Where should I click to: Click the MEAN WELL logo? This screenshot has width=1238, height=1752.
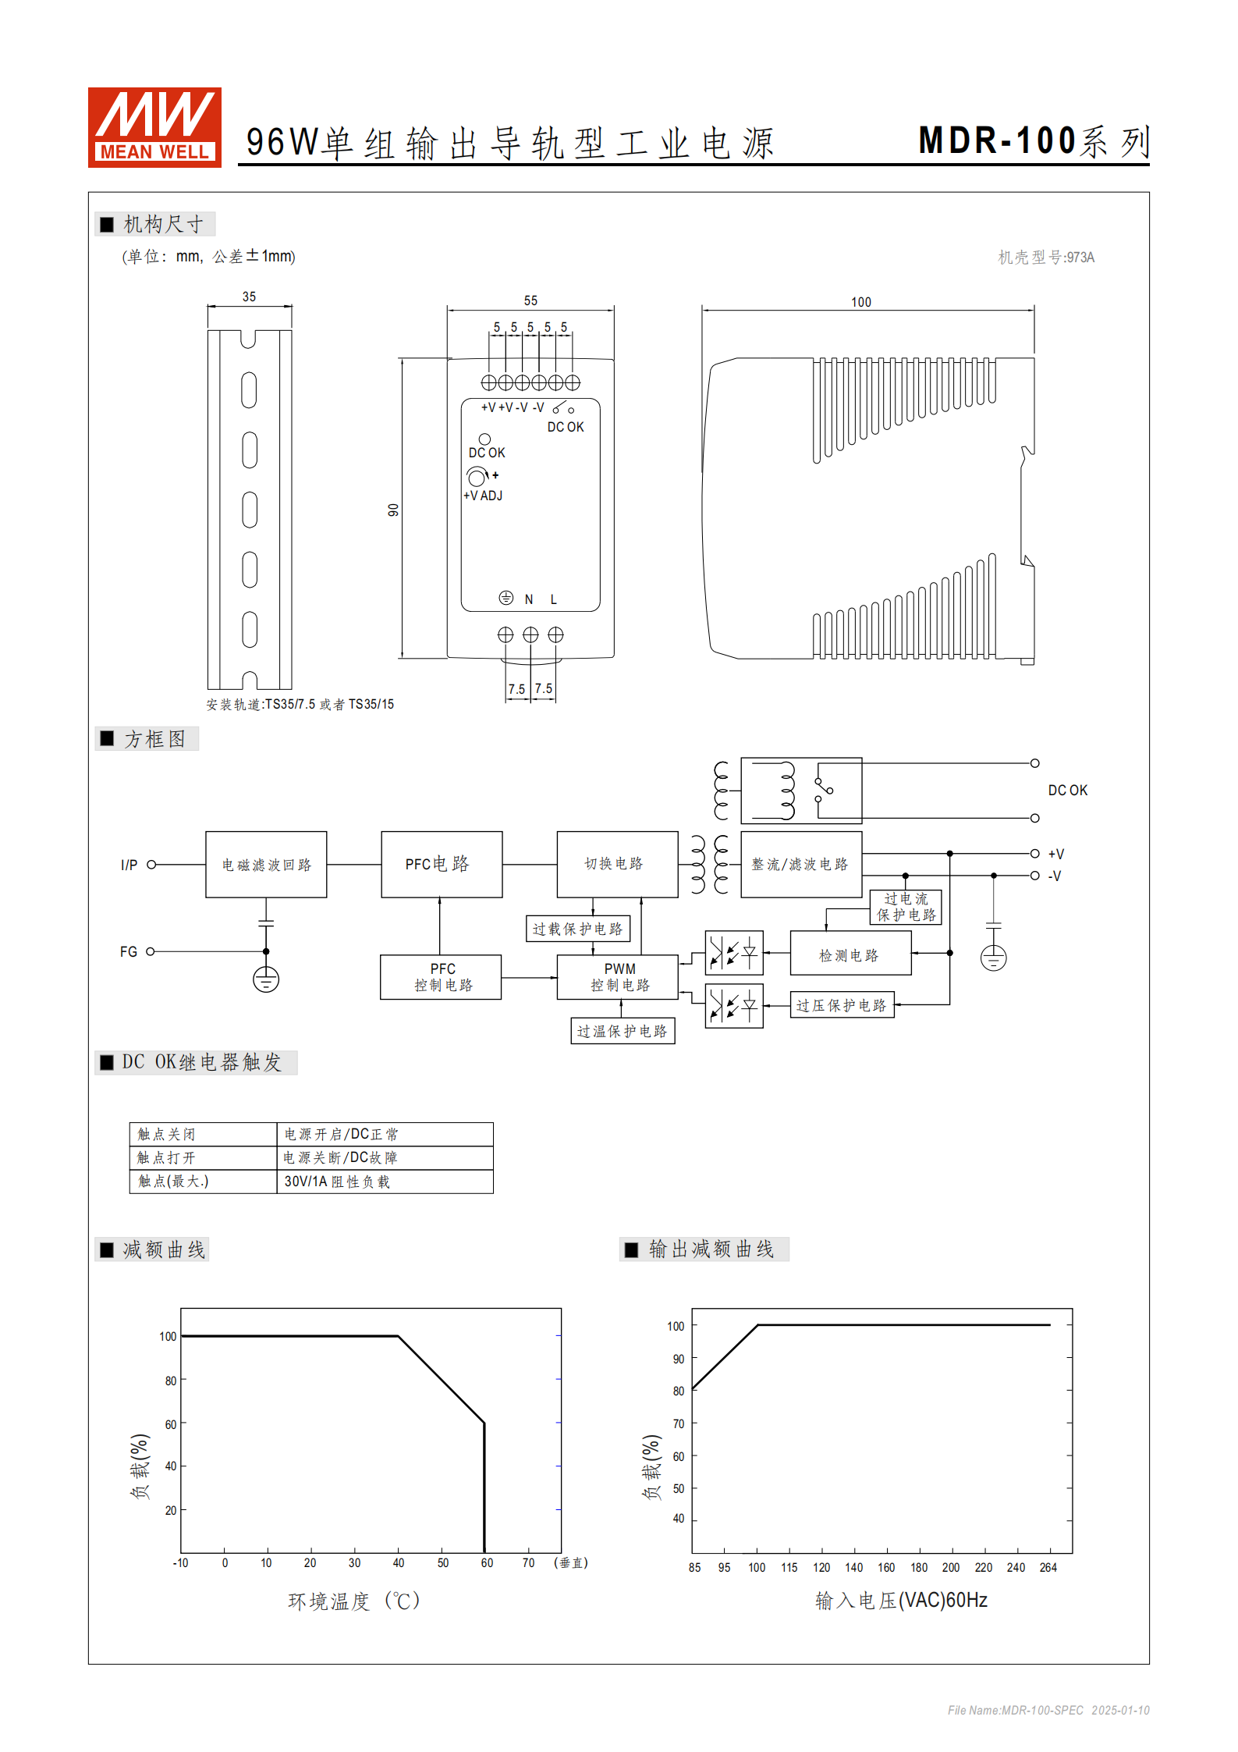click(154, 127)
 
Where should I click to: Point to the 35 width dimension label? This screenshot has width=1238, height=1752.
click(249, 297)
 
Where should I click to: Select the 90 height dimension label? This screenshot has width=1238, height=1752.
click(393, 510)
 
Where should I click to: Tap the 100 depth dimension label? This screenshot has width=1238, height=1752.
click(860, 302)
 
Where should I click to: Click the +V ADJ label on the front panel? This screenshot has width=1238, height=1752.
click(483, 496)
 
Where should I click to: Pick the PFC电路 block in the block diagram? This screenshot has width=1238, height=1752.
click(442, 864)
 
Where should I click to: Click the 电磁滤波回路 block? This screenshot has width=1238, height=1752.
click(266, 865)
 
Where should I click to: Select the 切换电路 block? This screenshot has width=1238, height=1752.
click(617, 864)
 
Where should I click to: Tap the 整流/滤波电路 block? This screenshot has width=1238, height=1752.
click(800, 865)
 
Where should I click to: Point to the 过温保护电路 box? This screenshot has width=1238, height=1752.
click(623, 1031)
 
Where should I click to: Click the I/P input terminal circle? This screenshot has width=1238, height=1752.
click(151, 865)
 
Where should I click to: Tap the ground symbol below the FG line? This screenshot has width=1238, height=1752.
click(266, 979)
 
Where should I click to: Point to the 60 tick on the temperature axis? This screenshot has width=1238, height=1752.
click(487, 1563)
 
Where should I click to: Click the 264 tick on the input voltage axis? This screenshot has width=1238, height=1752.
click(1048, 1568)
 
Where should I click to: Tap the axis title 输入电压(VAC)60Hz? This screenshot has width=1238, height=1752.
click(901, 1601)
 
